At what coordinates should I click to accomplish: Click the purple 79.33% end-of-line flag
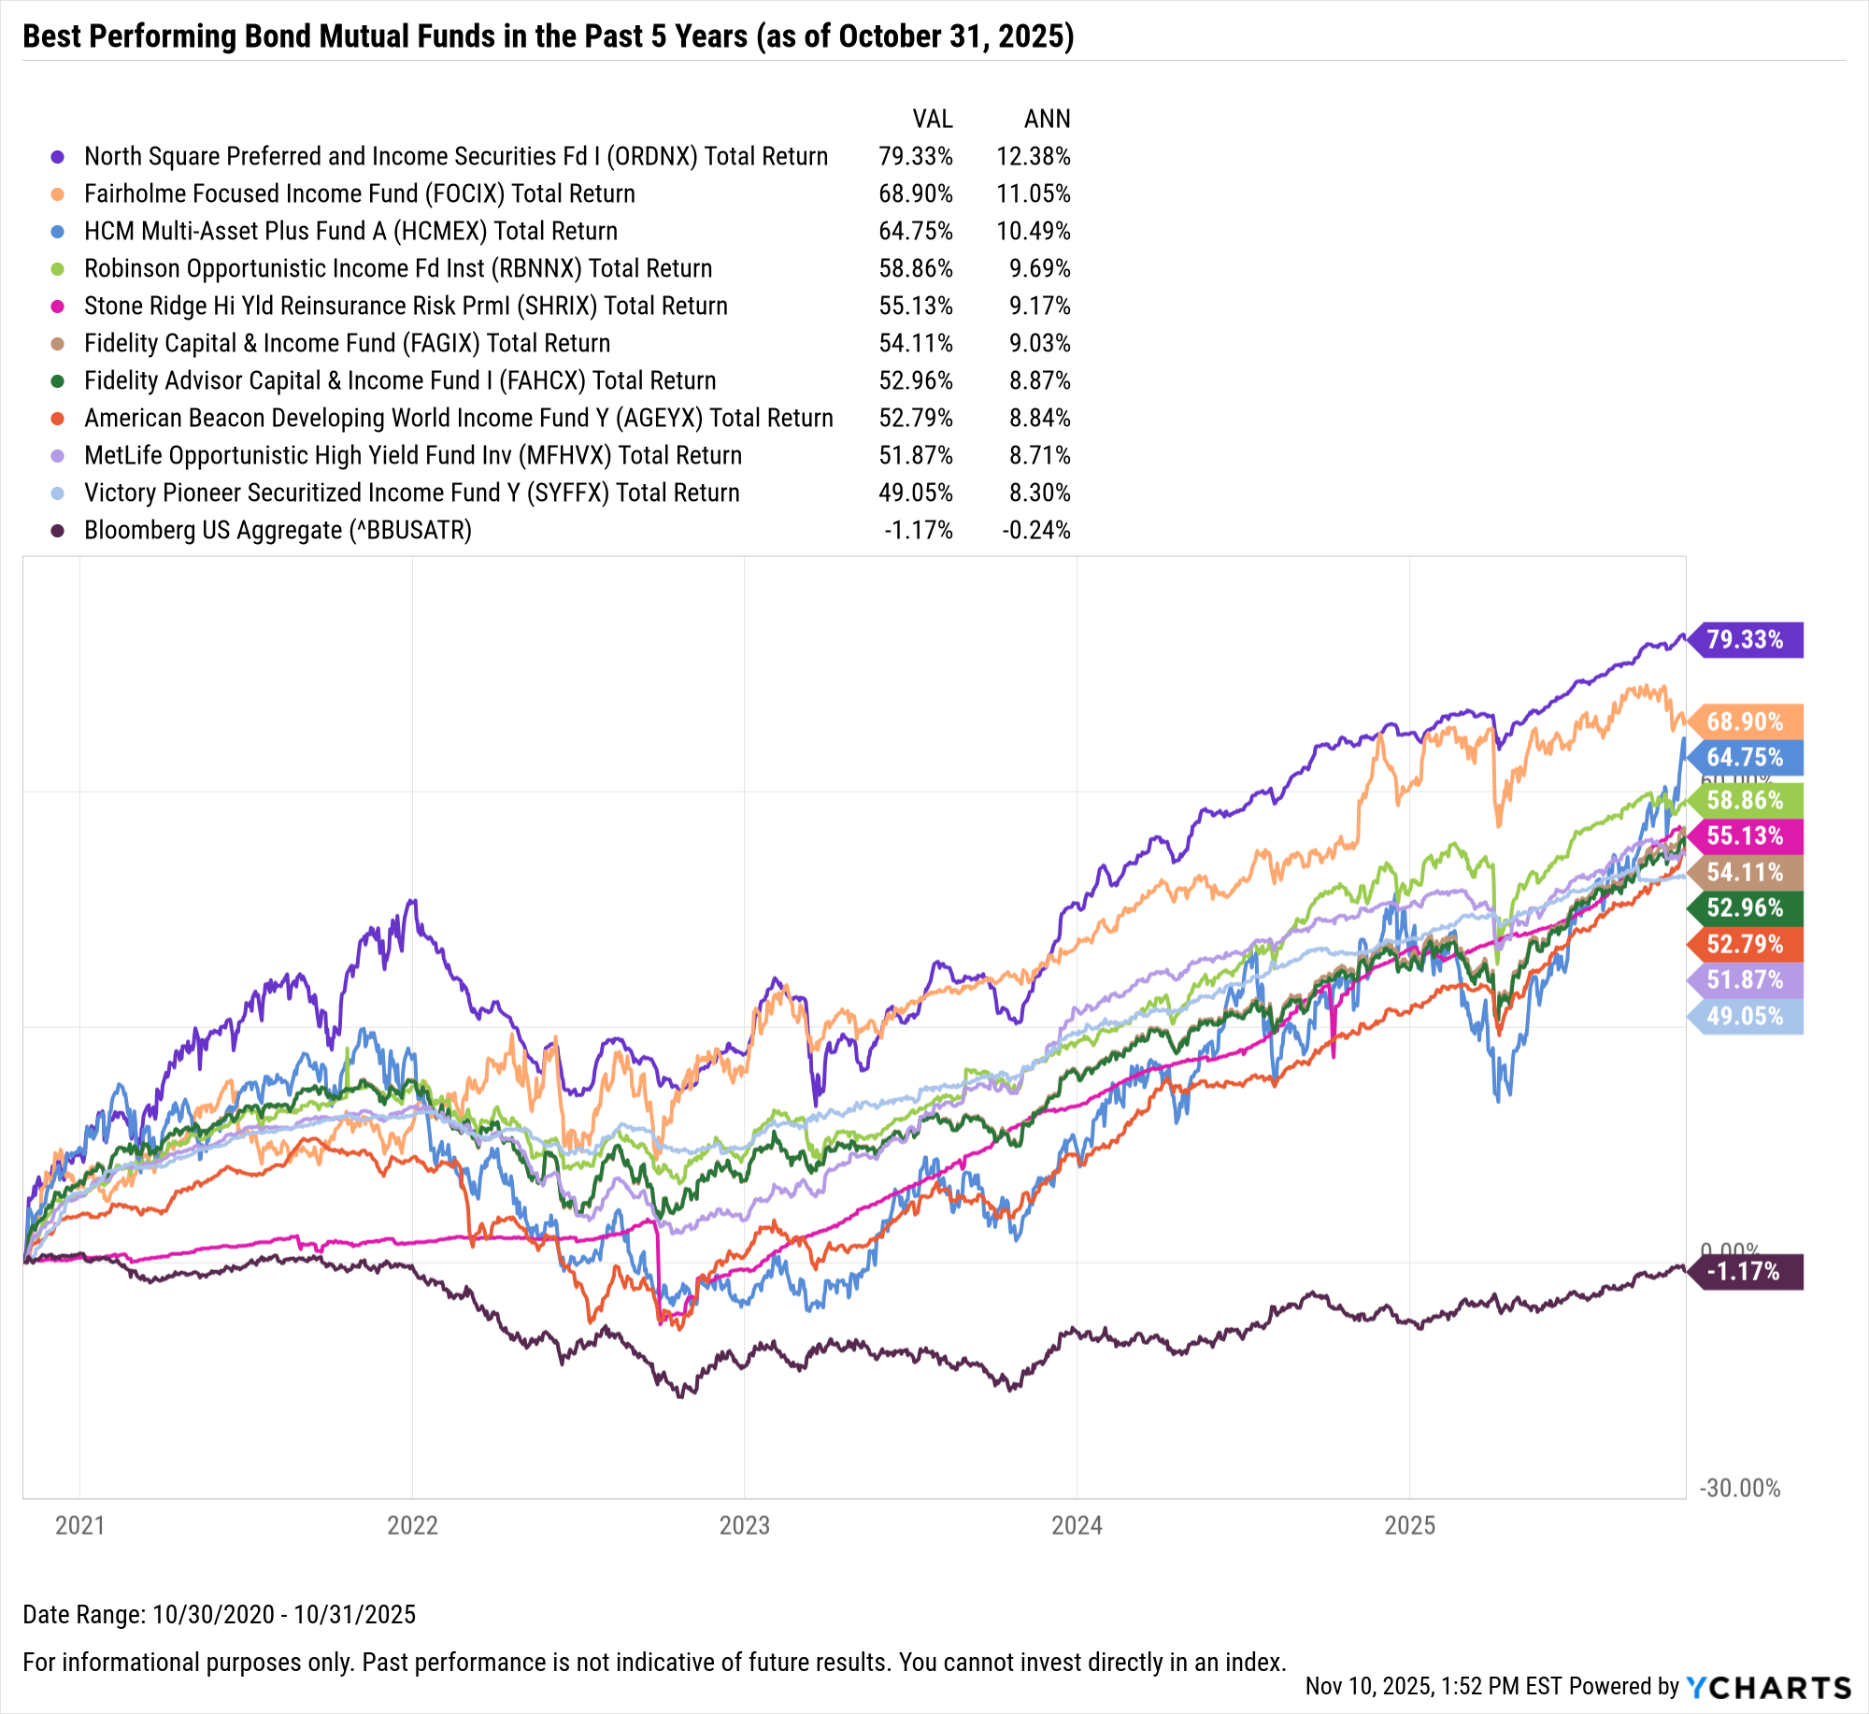pyautogui.click(x=1746, y=640)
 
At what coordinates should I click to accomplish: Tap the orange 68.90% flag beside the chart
pyautogui.click(x=1746, y=721)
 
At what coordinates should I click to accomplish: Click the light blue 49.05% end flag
pyautogui.click(x=1746, y=1016)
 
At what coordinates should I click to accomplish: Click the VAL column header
pyautogui.click(x=932, y=119)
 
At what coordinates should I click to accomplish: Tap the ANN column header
pyautogui.click(x=1047, y=119)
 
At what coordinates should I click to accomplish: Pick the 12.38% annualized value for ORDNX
pyautogui.click(x=1034, y=156)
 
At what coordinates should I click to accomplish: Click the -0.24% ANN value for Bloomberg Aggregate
pyautogui.click(x=1036, y=530)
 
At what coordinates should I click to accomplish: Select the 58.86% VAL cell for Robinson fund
pyautogui.click(x=916, y=268)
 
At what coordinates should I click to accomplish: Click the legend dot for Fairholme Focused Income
pyautogui.click(x=58, y=194)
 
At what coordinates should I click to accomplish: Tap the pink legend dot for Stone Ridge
pyautogui.click(x=58, y=307)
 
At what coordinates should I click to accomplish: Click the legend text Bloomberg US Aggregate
pyautogui.click(x=278, y=530)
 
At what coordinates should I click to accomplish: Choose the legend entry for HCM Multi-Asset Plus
pyautogui.click(x=350, y=231)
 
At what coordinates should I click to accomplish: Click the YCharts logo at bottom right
pyautogui.click(x=1768, y=1687)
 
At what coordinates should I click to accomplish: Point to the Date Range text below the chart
pyautogui.click(x=219, y=1614)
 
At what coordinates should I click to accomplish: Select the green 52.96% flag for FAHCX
pyautogui.click(x=1746, y=907)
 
